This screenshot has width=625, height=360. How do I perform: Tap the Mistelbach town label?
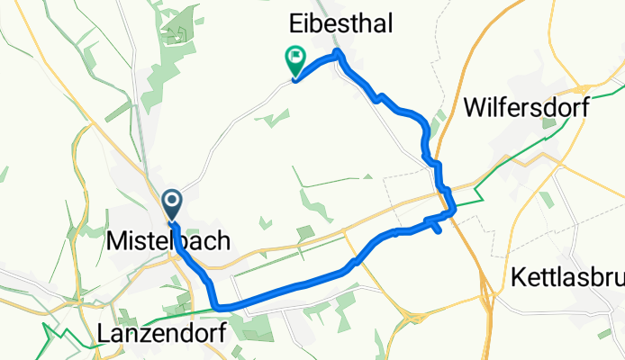pos(168,241)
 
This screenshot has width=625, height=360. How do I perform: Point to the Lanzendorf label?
pos(155,334)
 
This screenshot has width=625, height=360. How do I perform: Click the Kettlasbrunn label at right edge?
pos(567,275)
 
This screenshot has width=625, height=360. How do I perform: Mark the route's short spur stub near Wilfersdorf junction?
pos(437,230)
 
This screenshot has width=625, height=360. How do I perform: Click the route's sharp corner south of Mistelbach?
pos(216,307)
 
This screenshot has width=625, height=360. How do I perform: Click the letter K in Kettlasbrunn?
pos(517,275)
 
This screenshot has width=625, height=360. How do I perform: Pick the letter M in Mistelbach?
pos(115,241)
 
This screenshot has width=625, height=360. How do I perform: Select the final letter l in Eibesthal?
pos(389,25)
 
